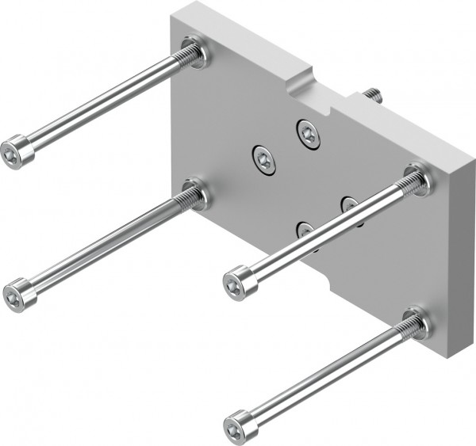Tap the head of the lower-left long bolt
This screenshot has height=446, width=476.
pyautogui.click(x=19, y=295)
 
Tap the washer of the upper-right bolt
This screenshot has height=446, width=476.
pyautogui.click(x=418, y=179)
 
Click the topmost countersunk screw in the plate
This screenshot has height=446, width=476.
pyautogui.click(x=309, y=133)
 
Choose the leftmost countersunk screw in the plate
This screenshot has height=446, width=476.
pyautogui.click(x=263, y=159)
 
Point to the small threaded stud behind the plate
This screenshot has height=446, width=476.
pyautogui.click(x=373, y=96)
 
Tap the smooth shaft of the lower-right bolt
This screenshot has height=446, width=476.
pyautogui.click(x=325, y=372)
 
